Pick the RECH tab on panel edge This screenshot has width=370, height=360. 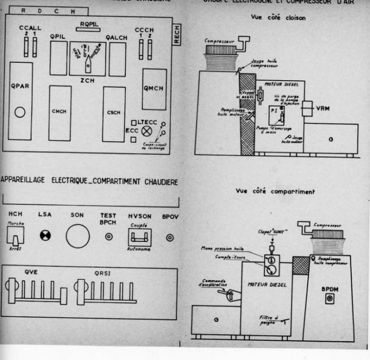coord(177,35)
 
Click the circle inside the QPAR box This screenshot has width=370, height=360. coord(20,112)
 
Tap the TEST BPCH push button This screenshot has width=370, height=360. coord(109,236)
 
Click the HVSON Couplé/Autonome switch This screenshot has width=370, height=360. coord(139,236)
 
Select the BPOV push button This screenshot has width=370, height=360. coord(170,237)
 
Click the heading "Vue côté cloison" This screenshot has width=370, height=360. coord(275,17)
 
